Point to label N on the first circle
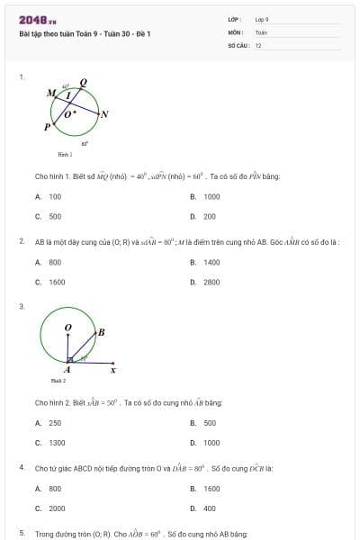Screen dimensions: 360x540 point(104,114)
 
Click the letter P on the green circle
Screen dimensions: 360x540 point(47,128)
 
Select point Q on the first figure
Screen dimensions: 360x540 point(85,81)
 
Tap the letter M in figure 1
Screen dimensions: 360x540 point(50,93)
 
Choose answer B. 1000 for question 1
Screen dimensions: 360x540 point(206,196)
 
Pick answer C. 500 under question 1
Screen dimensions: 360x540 point(49,216)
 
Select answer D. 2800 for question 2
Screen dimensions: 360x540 point(206,283)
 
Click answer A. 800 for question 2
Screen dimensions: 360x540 point(49,263)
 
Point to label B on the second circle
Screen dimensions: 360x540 point(101,333)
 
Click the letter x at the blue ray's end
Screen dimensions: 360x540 point(112,369)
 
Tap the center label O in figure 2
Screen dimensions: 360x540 point(68,328)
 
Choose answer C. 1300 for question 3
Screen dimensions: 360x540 point(51,443)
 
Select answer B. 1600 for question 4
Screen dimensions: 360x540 point(206,489)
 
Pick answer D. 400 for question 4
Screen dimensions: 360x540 point(204,508)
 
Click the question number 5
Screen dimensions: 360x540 point(22,534)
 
